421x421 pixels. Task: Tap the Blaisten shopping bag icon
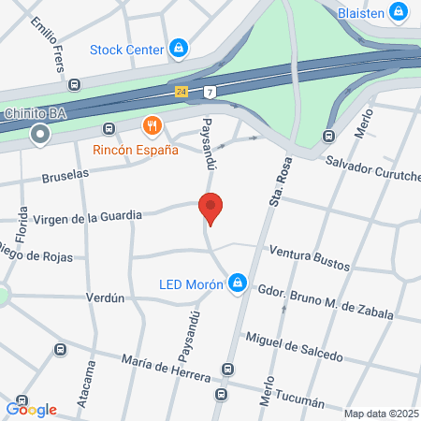pos(399,11)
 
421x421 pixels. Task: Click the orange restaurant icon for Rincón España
pos(151,125)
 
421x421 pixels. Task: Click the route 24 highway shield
pos(181,92)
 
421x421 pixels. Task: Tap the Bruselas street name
pos(65,175)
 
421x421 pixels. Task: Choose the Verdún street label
pos(105,298)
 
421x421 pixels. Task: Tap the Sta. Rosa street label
pos(276,180)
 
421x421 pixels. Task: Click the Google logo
pos(32,409)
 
